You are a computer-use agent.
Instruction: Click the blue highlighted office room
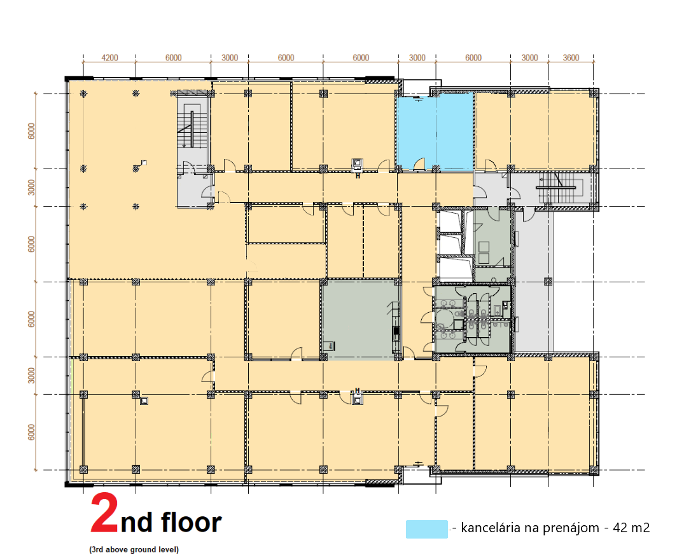[x=435, y=132]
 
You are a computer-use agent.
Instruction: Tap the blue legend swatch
[x=426, y=529]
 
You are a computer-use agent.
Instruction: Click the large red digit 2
[x=104, y=513]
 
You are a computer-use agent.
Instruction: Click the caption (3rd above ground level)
[x=134, y=549]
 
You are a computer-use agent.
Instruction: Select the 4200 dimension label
[x=109, y=58]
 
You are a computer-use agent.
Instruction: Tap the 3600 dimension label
[x=571, y=58]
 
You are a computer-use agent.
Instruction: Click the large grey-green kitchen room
[x=359, y=319]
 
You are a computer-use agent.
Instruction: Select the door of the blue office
[x=419, y=164]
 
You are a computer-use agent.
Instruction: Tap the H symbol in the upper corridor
[x=358, y=176]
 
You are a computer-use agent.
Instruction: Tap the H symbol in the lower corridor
[x=357, y=390]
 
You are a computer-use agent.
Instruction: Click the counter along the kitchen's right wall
[x=396, y=326]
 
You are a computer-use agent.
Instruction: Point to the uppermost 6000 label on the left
[x=31, y=131]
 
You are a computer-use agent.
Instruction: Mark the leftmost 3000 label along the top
[x=230, y=58]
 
